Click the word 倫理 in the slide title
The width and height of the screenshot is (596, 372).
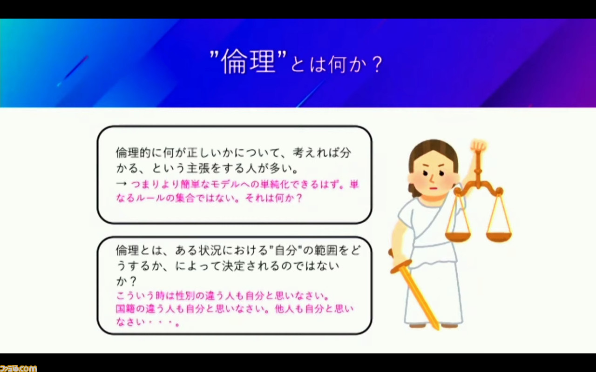[x=248, y=62]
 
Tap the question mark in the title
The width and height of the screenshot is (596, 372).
[x=377, y=65]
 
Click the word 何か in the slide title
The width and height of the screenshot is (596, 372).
[x=345, y=65]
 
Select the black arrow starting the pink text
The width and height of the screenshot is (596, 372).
[x=122, y=184]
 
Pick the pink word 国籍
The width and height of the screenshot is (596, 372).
[x=125, y=309]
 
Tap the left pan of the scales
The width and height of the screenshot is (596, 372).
[x=458, y=236]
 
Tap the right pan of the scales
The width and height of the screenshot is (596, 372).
[x=499, y=236]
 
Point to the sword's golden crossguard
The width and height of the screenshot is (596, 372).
[x=401, y=267]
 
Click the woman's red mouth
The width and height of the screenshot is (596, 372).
[x=433, y=188]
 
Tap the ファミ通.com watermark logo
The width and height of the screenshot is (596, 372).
[x=18, y=368]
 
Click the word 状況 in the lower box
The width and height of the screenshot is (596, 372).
[x=210, y=250]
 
